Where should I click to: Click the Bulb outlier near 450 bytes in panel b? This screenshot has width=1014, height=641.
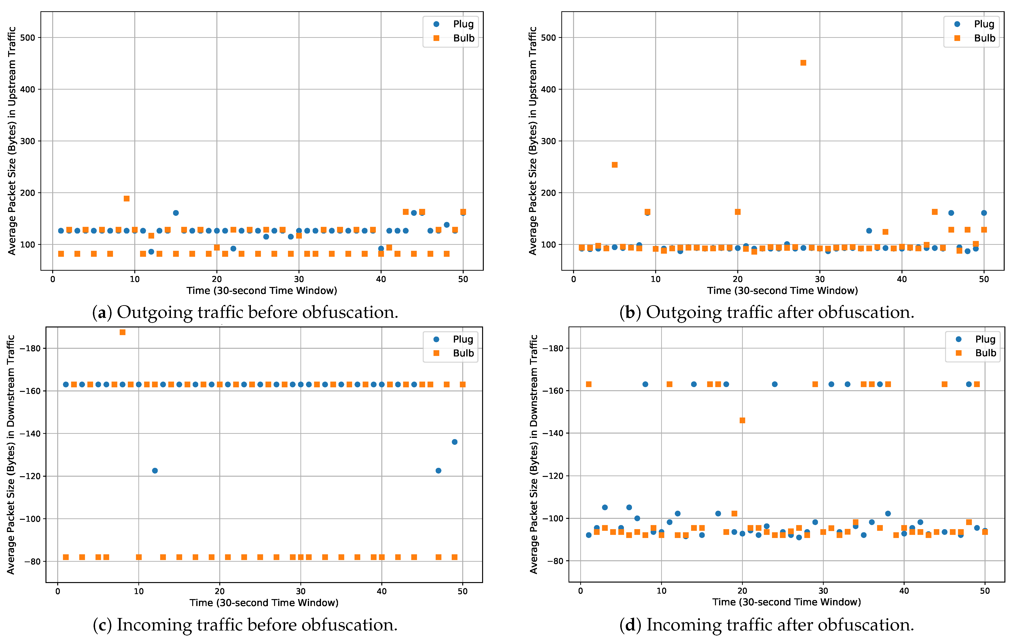(803, 63)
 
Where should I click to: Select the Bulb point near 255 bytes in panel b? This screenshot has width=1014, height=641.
(614, 165)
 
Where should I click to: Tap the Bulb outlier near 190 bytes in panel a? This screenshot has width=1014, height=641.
(126, 199)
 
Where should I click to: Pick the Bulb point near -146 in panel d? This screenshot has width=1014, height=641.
(742, 420)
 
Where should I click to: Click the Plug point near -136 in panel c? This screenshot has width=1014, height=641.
(454, 442)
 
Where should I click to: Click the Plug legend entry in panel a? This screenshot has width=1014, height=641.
(455, 24)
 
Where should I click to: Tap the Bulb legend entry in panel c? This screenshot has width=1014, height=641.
(455, 353)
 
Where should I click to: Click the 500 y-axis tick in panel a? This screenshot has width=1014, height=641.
(28, 38)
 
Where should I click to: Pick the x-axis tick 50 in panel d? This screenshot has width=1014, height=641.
(985, 591)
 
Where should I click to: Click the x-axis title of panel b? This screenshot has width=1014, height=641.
(782, 290)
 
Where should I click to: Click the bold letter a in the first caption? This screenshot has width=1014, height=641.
(101, 313)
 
